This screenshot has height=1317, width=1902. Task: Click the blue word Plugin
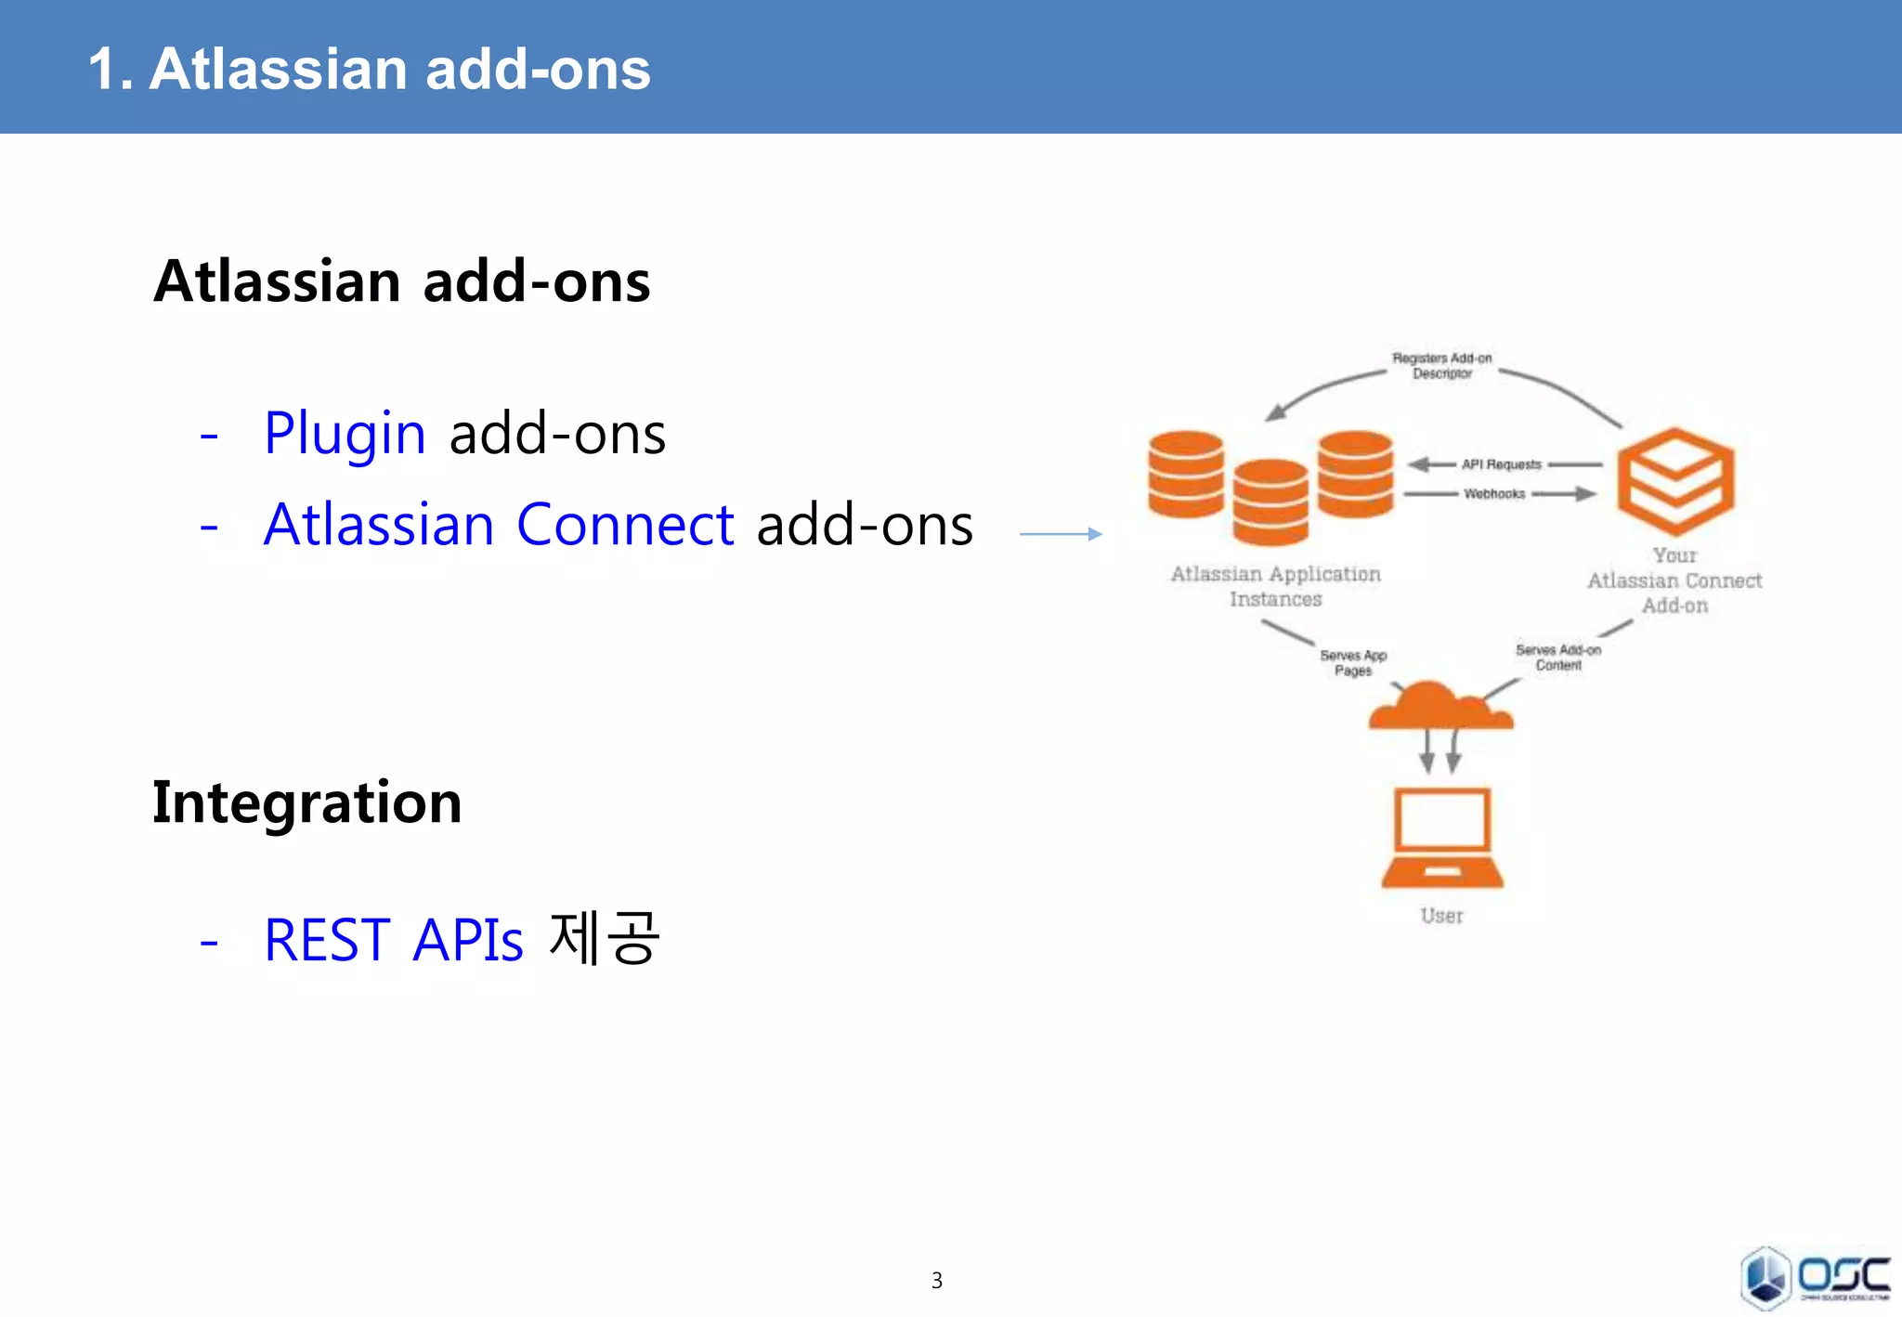[345, 434]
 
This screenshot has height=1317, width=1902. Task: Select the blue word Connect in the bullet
[625, 525]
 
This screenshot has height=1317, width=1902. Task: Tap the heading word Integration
[307, 802]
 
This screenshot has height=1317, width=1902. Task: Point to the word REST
[328, 940]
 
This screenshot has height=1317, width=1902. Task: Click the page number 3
[937, 1281]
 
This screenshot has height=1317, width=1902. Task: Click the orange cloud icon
[1440, 708]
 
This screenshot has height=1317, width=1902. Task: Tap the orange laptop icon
[1442, 839]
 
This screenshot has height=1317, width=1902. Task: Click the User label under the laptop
[1441, 916]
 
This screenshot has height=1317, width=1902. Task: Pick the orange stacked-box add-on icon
[1675, 479]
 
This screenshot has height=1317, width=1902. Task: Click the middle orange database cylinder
[1270, 502]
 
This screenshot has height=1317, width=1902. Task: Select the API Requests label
[1501, 464]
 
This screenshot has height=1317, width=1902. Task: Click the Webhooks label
[1494, 494]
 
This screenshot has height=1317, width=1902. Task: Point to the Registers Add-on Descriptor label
[1442, 366]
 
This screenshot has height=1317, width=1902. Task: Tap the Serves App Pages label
[1353, 663]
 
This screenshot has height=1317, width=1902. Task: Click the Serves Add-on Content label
[1558, 658]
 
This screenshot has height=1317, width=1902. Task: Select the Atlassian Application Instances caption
[1276, 586]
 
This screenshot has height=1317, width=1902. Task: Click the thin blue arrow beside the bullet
[1061, 534]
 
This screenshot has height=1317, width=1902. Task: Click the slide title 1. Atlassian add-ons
[370, 69]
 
